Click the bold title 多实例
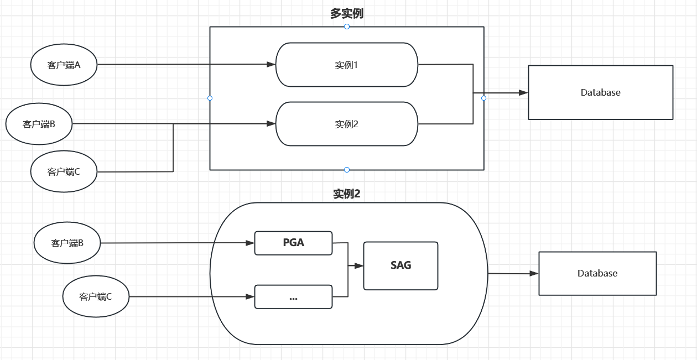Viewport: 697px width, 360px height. tap(347, 14)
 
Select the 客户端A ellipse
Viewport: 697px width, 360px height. tap(64, 65)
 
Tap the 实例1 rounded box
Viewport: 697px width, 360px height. tap(347, 65)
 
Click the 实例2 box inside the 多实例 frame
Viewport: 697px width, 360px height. tap(347, 124)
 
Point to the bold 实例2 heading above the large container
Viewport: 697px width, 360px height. tap(347, 194)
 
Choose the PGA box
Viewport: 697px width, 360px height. tap(293, 243)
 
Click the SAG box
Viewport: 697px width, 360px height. tap(400, 265)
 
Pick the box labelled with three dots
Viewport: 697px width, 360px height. tap(293, 297)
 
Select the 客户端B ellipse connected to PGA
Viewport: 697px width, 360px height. tap(67, 243)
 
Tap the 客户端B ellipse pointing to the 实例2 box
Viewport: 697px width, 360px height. tap(39, 124)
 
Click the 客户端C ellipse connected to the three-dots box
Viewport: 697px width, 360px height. tap(96, 297)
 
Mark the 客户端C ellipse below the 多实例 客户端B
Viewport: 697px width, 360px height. tap(64, 171)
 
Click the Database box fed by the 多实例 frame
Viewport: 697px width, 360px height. tap(600, 92)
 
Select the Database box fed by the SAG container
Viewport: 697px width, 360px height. tap(597, 273)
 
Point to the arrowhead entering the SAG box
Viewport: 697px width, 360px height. tap(359, 266)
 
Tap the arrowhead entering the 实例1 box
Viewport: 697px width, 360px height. tap(271, 65)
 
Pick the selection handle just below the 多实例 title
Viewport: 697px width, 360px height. tap(347, 27)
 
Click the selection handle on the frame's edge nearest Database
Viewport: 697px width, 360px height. tap(484, 98)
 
